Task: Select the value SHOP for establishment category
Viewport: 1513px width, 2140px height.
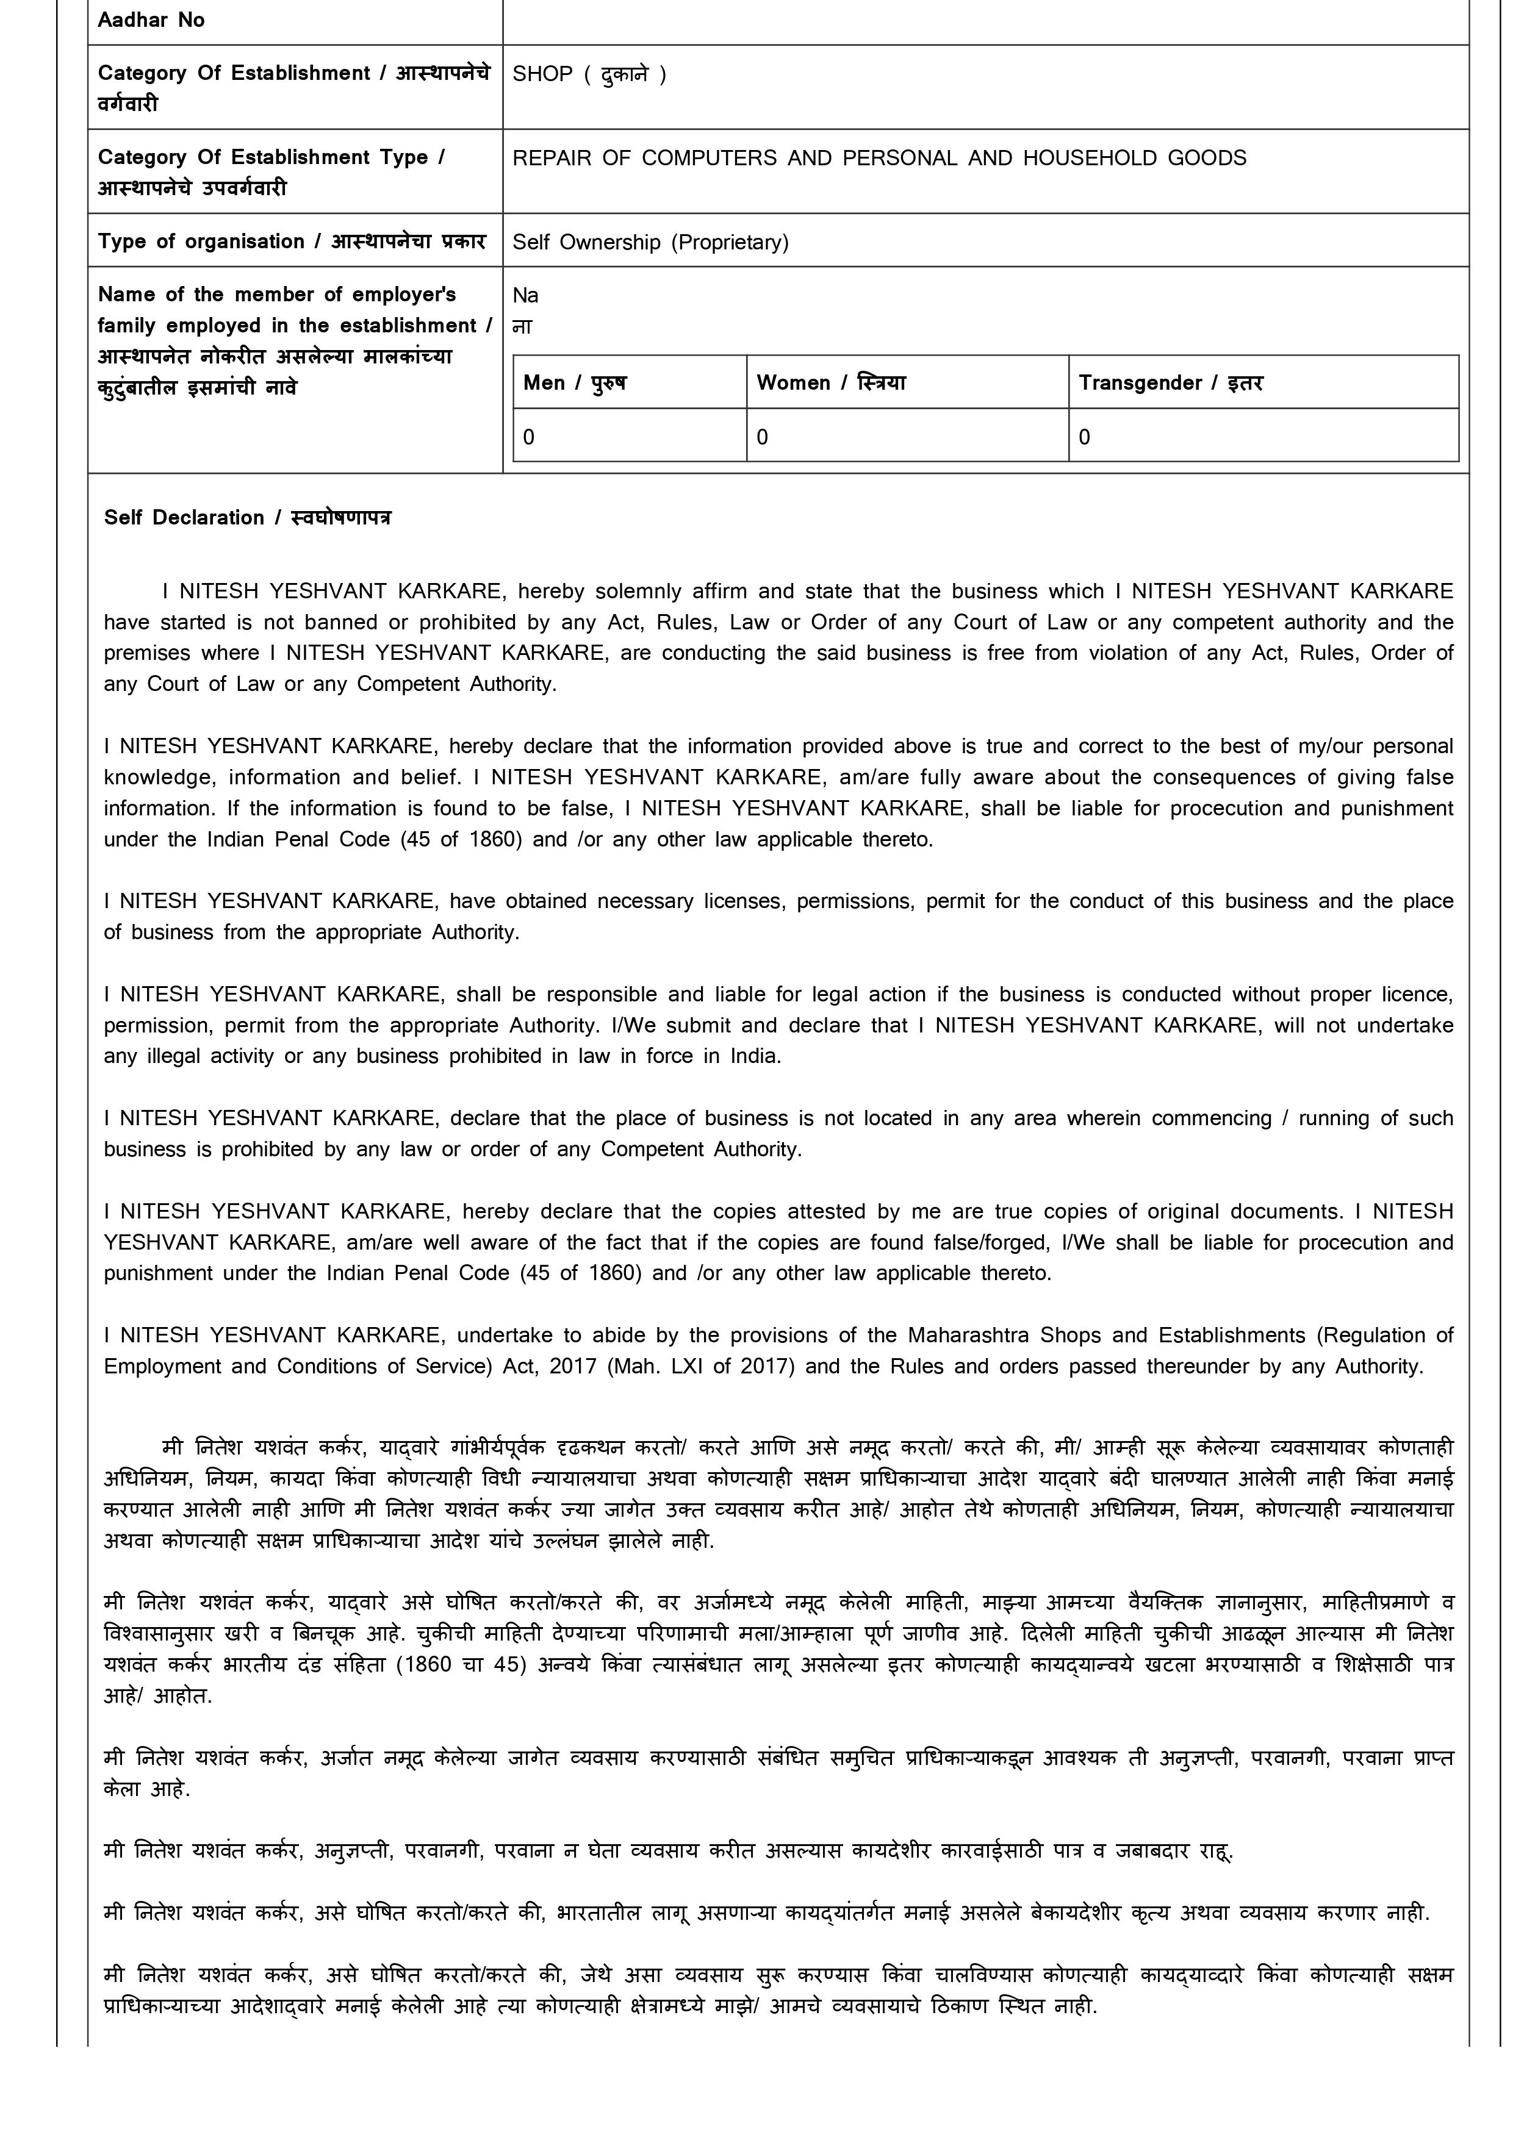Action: tap(542, 74)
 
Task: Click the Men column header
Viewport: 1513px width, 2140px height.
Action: tap(574, 383)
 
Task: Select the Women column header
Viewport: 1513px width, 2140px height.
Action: tap(830, 383)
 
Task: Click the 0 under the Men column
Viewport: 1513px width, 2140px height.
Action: tap(528, 437)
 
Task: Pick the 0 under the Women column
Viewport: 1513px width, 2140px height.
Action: tap(763, 437)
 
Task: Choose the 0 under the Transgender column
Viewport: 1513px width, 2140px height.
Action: tap(1084, 437)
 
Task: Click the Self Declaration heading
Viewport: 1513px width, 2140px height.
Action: tap(247, 518)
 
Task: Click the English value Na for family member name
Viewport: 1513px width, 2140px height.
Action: tap(525, 295)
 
